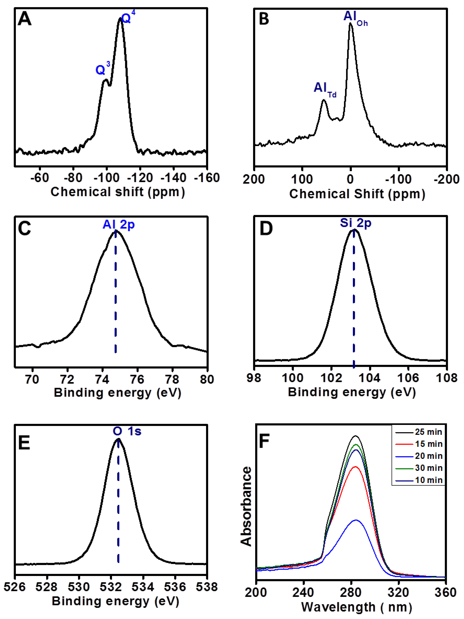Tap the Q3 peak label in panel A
102,69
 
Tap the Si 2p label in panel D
355,223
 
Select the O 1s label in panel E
127,431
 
